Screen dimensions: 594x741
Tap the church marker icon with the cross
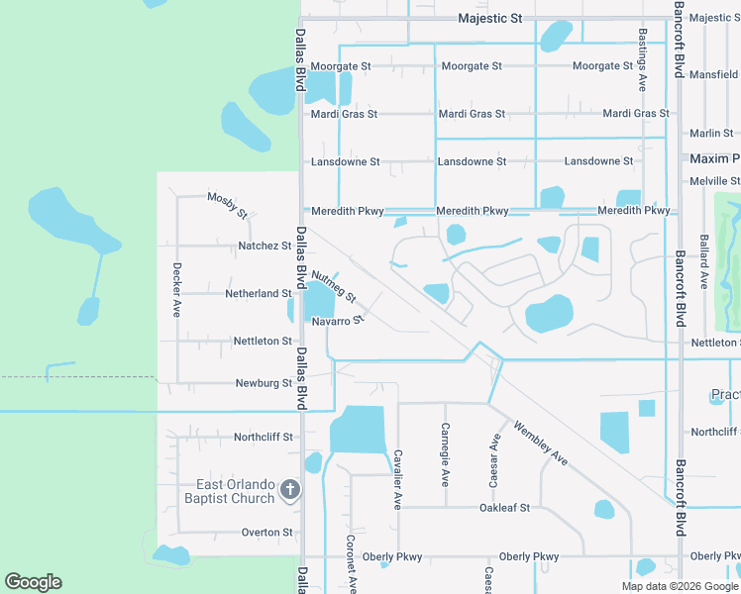tap(289, 490)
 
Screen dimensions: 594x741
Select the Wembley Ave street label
tap(540, 443)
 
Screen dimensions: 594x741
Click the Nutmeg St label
tap(333, 287)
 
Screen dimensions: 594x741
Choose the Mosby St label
tap(227, 203)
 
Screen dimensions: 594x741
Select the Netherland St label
tap(259, 293)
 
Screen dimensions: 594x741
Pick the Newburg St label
tap(264, 383)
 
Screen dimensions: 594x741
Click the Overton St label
tap(267, 533)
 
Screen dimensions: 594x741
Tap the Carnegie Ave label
tap(445, 454)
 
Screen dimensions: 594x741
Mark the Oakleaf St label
tap(505, 508)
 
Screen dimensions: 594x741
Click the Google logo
tap(33, 582)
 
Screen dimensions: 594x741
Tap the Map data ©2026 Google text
tap(681, 586)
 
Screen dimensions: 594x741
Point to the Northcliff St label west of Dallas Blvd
tap(264, 437)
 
